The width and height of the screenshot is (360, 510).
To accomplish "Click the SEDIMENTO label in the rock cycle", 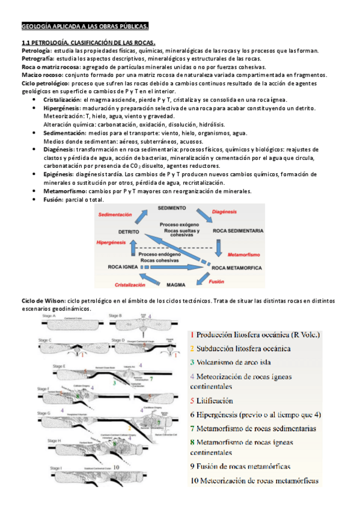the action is click(x=172, y=207).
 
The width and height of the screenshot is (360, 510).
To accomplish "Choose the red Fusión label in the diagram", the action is click(x=216, y=281).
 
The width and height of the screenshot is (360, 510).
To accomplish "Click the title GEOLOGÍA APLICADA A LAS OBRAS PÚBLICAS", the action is click(x=84, y=26).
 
